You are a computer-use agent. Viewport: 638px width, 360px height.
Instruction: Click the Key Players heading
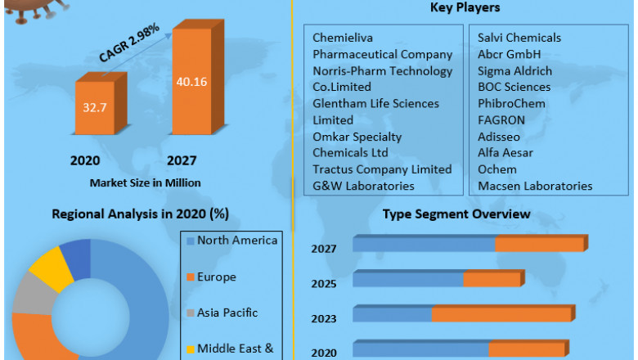[465, 8]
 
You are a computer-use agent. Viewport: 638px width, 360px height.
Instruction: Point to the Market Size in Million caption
[145, 182]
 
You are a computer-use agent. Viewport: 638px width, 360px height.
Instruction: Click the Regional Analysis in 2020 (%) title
[140, 214]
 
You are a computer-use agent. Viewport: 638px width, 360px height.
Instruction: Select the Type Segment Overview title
[456, 214]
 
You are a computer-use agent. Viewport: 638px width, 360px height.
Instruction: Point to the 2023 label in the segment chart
[323, 318]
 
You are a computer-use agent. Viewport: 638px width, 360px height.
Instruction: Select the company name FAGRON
[501, 119]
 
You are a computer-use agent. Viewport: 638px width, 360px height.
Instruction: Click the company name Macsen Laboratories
[534, 186]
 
